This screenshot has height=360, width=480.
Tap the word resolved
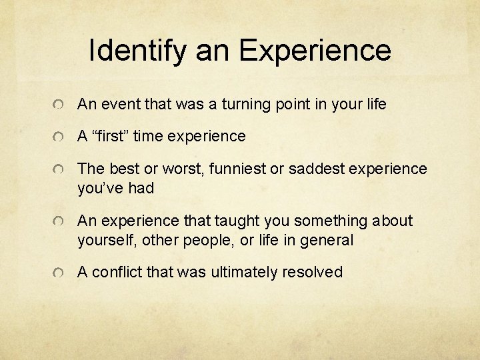313,272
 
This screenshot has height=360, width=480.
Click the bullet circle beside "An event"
60,105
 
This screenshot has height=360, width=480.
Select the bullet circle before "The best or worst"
60,171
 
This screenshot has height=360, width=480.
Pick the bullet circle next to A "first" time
60,138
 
